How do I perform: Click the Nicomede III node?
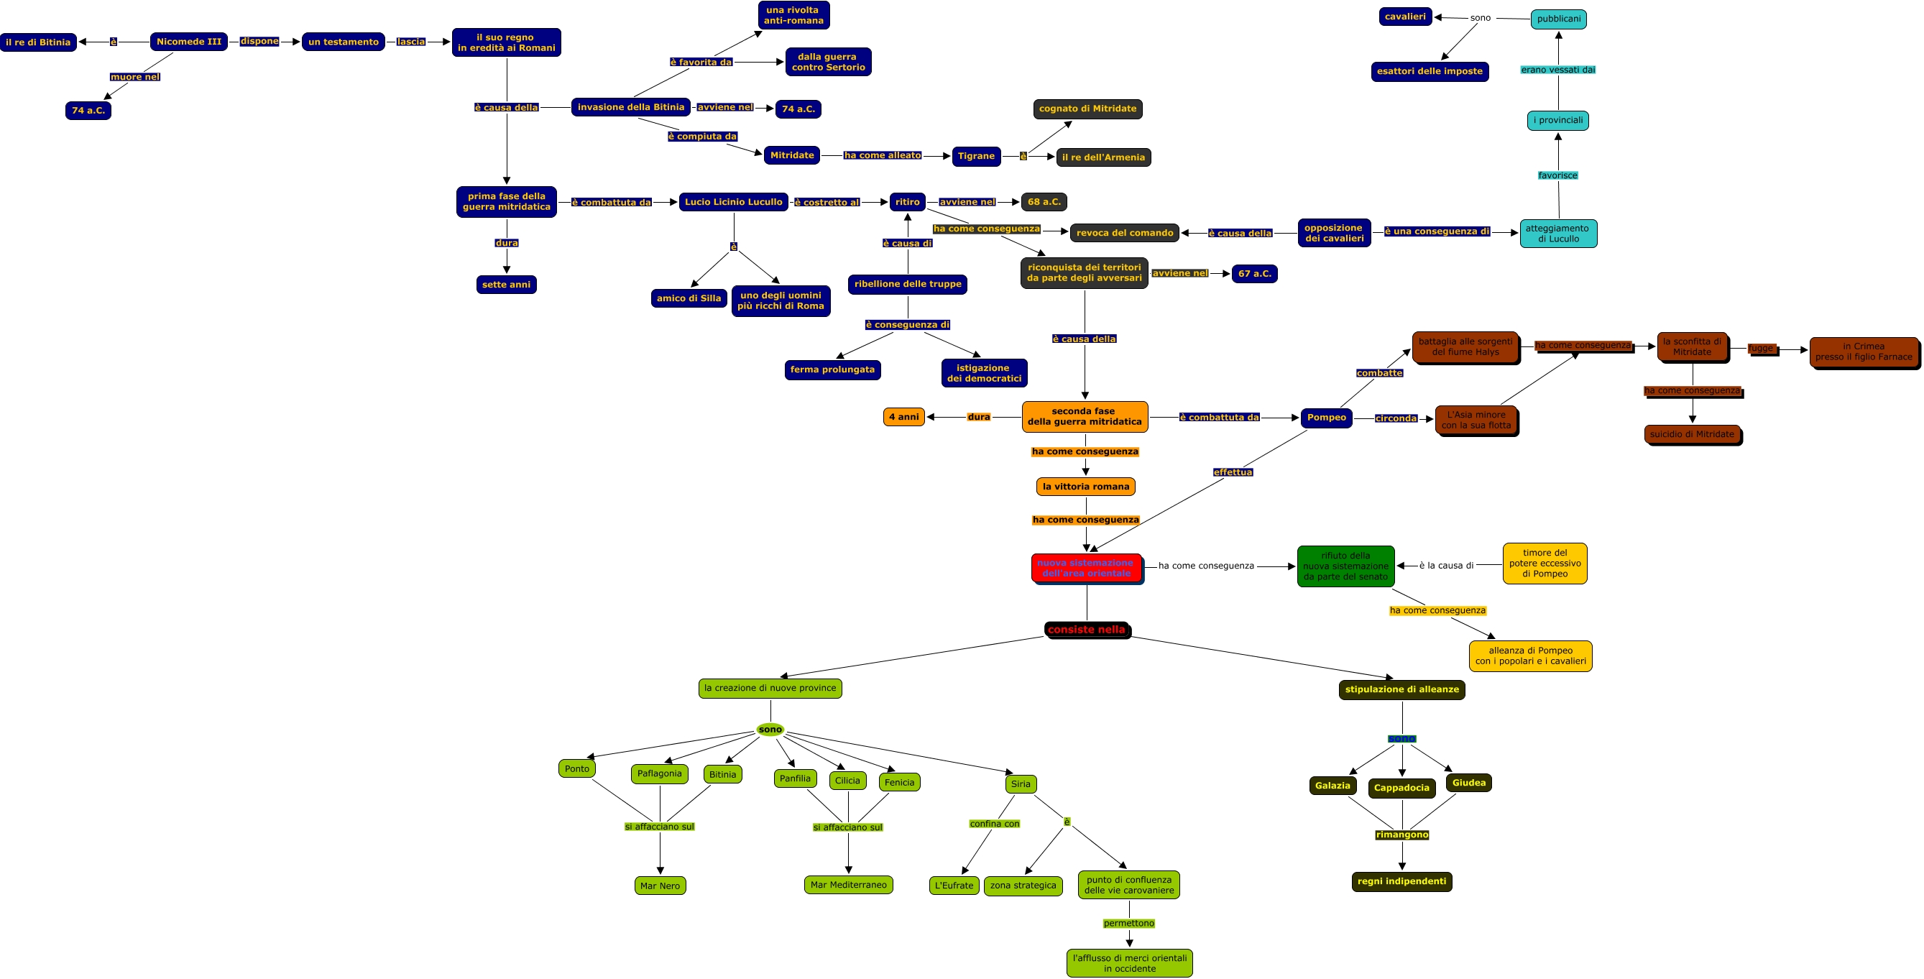tap(188, 42)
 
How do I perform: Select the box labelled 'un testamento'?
tap(343, 42)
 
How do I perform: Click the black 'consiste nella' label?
tap(1086, 630)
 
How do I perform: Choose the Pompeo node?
tap(1326, 418)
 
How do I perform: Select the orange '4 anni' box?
tap(903, 417)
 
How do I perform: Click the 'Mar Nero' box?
tap(660, 886)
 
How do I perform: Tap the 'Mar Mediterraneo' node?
tap(849, 885)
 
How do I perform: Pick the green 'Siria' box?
tap(1021, 783)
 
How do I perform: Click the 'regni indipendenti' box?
tap(1401, 881)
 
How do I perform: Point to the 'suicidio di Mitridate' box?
tap(1692, 434)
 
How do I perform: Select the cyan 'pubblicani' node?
tap(1558, 19)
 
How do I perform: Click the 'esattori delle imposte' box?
tap(1429, 71)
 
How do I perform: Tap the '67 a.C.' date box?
tap(1254, 273)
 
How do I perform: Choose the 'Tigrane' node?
tap(975, 156)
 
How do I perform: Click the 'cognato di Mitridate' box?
tap(1087, 109)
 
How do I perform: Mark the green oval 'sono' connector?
tap(770, 730)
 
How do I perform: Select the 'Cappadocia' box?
tap(1401, 788)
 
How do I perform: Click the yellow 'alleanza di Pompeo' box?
tap(1529, 656)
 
